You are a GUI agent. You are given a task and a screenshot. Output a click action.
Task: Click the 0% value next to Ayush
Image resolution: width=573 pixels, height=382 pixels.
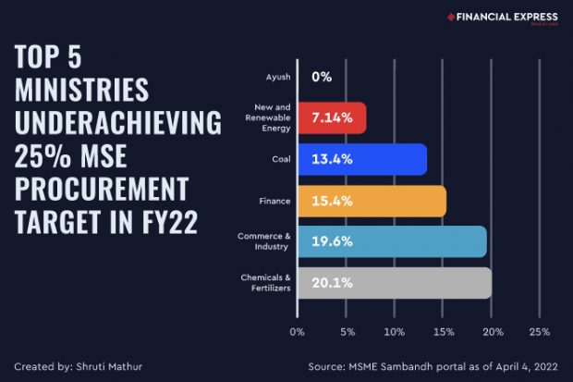322,77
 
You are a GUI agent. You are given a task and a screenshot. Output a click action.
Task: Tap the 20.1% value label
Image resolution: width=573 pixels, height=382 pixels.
332,282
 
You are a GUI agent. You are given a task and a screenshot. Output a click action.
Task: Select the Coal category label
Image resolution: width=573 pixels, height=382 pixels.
281,159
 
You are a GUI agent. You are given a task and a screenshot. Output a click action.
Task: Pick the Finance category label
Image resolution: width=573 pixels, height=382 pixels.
276,201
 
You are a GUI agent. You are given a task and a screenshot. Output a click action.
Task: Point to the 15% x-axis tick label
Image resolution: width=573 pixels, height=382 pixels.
443,331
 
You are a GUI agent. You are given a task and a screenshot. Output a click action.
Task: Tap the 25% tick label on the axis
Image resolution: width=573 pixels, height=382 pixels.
540,331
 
